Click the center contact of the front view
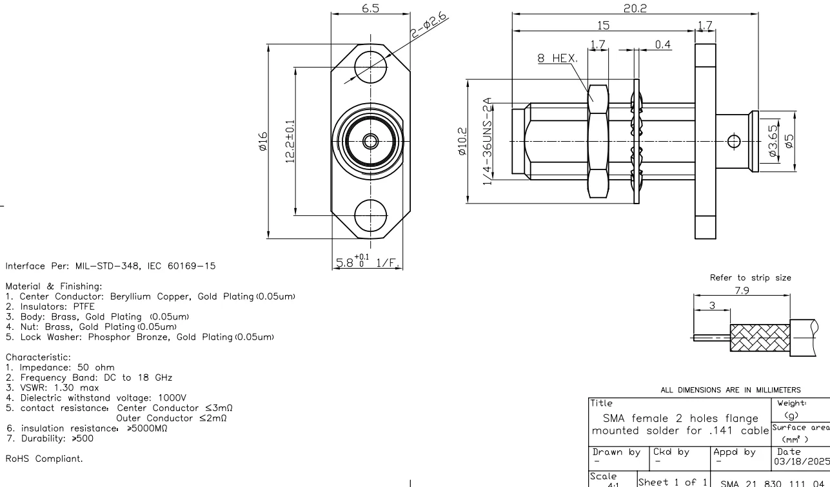click(370, 140)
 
